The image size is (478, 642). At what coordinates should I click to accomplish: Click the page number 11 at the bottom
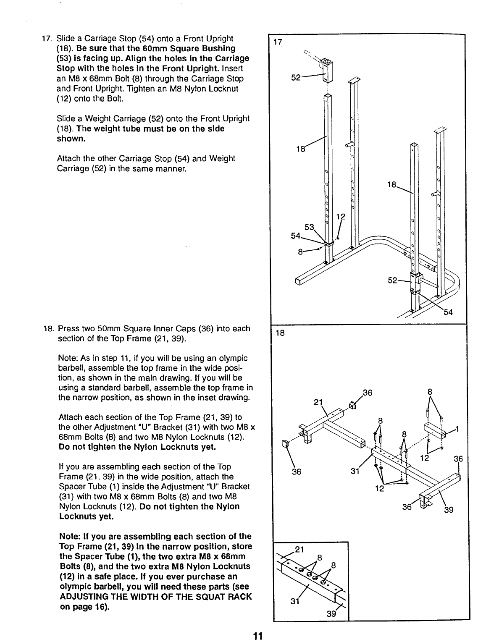click(257, 635)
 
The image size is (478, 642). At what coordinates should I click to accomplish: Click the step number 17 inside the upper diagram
click(277, 42)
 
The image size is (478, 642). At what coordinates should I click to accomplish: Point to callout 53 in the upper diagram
click(309, 228)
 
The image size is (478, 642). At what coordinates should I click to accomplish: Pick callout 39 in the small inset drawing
click(331, 615)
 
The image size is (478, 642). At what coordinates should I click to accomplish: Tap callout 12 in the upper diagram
click(341, 217)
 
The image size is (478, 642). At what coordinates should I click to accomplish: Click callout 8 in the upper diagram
click(300, 252)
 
